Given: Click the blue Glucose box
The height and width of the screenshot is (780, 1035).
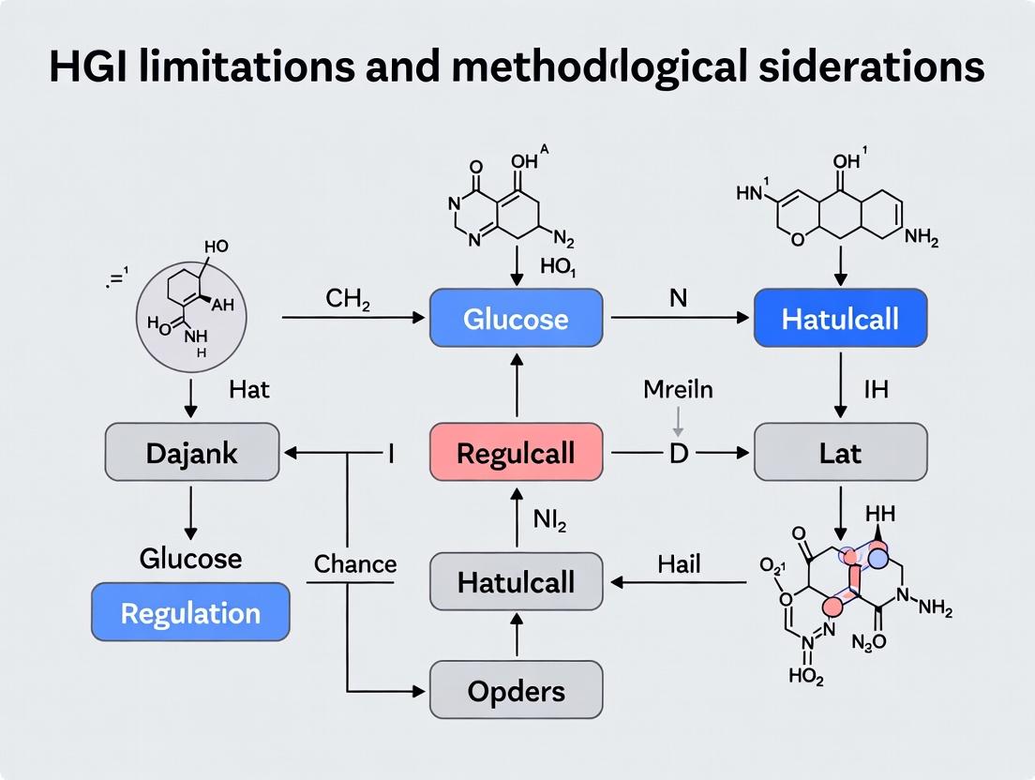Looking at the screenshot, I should click(516, 319).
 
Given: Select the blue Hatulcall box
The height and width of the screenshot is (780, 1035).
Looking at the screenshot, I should click(840, 319).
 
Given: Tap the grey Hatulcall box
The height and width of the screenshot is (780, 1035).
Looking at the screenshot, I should click(516, 582).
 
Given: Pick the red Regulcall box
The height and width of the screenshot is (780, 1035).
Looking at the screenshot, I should click(516, 453).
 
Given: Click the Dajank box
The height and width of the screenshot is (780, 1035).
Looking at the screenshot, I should click(191, 453).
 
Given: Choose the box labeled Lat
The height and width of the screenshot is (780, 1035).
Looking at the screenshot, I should click(840, 453).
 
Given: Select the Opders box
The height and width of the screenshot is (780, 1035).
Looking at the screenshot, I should click(516, 692).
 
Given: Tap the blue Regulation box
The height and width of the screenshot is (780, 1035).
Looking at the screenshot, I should click(191, 613).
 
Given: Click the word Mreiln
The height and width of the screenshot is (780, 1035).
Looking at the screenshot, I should click(678, 388).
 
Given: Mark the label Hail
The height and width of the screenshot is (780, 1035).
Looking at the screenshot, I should click(679, 563).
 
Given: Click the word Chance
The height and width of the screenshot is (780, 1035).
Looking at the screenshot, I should click(355, 564).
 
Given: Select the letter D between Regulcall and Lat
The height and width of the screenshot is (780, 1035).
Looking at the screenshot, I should click(678, 454).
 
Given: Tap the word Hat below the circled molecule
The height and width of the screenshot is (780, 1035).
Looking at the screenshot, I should click(249, 388).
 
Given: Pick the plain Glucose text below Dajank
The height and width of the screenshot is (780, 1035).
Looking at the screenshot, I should click(190, 559).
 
